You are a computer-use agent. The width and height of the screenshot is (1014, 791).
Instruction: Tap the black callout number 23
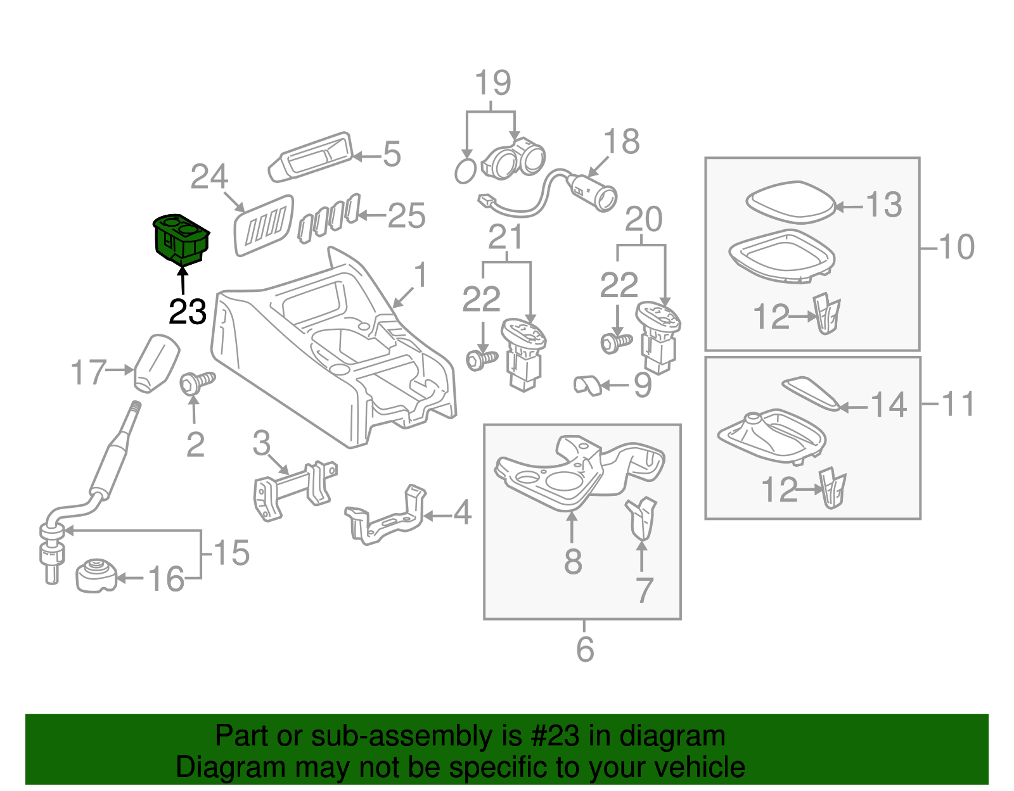click(x=188, y=312)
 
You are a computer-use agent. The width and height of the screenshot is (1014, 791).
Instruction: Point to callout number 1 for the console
click(x=420, y=276)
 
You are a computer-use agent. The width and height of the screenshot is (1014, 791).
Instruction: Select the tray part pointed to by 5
click(x=311, y=156)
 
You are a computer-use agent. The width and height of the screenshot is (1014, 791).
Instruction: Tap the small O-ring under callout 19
click(x=465, y=171)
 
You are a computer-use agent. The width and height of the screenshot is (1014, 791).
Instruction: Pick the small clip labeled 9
click(x=587, y=384)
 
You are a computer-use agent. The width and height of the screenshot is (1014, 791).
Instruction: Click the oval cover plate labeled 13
click(x=790, y=202)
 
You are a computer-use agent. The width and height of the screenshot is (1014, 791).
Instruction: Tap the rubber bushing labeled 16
click(x=96, y=575)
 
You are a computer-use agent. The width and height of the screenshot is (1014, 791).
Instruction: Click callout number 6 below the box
click(x=584, y=649)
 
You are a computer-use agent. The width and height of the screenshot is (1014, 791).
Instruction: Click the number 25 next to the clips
click(x=406, y=216)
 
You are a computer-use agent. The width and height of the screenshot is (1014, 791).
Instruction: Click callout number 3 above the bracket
click(x=261, y=443)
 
